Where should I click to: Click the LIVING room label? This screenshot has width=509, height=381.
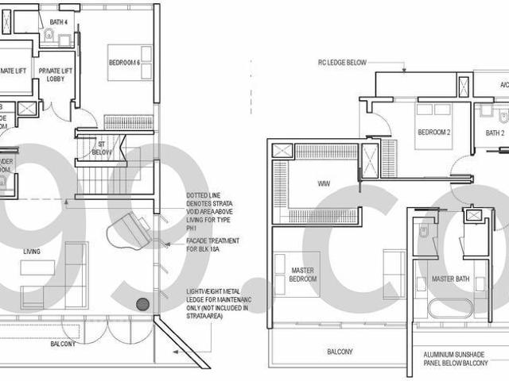tap(32, 252)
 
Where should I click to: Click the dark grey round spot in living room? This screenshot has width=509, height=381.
tap(142, 303)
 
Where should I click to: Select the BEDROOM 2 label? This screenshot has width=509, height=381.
tap(434, 133)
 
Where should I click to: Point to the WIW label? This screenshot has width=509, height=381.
tap(324, 184)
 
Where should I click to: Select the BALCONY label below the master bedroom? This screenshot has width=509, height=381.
tap(340, 351)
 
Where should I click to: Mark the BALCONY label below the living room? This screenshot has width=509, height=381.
tap(64, 344)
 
